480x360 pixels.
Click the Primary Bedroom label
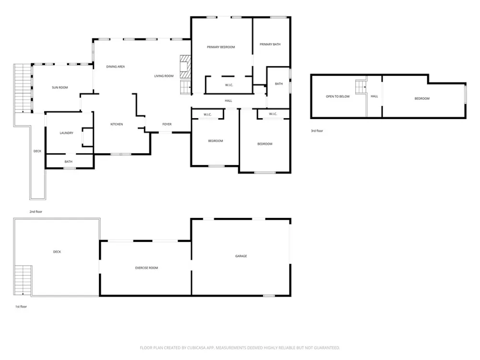[x=221, y=47]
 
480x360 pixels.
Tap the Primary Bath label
[x=270, y=44]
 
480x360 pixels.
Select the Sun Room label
[x=60, y=87]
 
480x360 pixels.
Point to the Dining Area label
[x=115, y=67]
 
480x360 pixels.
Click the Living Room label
[x=164, y=76]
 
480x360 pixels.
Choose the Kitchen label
[x=117, y=124]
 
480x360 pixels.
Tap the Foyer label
[x=167, y=124]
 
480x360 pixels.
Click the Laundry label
[x=66, y=133]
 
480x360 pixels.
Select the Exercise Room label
[x=146, y=268]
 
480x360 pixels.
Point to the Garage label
[x=241, y=256]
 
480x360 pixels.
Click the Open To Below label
[x=337, y=96]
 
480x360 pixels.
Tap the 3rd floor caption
[x=317, y=131]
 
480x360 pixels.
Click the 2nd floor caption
[x=36, y=212]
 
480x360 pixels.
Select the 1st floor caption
[x=21, y=307]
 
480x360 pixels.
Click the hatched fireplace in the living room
[x=185, y=67]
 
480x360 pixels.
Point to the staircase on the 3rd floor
[x=361, y=87]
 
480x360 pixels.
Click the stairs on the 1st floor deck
[x=23, y=280]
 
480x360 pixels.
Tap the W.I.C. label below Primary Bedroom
[x=229, y=85]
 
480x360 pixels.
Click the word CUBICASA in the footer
[x=200, y=348]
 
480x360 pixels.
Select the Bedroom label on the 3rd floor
[x=422, y=98]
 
